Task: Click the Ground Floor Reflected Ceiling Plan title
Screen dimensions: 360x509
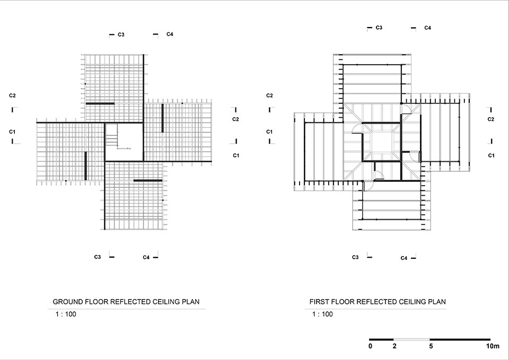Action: point(126,302)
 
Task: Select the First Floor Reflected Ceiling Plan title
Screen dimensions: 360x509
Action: point(378,302)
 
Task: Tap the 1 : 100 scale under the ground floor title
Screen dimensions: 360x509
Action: point(66,314)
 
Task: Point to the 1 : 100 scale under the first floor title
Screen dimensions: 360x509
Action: point(322,314)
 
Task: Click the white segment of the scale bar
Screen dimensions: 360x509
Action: point(411,339)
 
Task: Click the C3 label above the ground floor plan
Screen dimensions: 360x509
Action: point(121,34)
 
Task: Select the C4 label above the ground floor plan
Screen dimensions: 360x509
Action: point(170,34)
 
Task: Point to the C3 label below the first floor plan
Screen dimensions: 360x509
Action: point(356,257)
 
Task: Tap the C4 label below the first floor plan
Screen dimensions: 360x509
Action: point(403,258)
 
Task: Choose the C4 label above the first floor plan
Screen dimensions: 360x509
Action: point(427,28)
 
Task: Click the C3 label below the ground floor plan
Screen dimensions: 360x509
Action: point(98,257)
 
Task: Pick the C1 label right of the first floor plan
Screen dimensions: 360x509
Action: point(491,155)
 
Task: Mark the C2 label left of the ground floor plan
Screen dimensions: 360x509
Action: point(12,95)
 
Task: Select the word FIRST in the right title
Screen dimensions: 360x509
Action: point(319,302)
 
